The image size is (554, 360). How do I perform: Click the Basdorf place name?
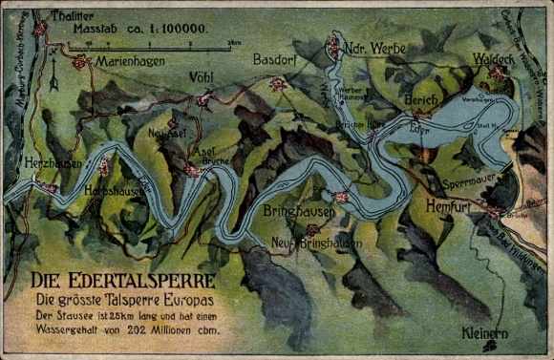coord(277,60)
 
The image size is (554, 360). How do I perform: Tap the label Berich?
coord(420,99)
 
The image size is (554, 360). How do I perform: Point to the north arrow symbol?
coord(53,79)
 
